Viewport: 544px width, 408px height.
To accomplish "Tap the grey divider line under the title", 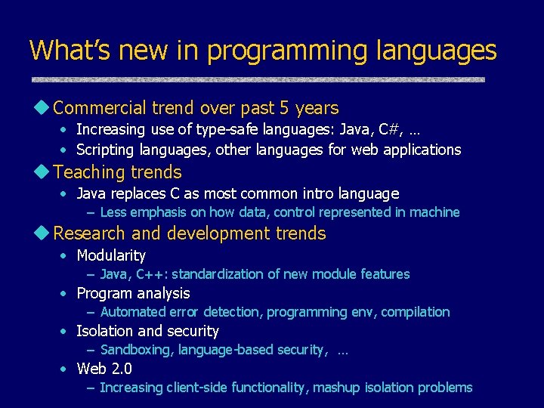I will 258,79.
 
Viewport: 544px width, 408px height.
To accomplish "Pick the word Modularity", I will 111,255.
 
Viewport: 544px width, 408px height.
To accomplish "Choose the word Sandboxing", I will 132,349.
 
